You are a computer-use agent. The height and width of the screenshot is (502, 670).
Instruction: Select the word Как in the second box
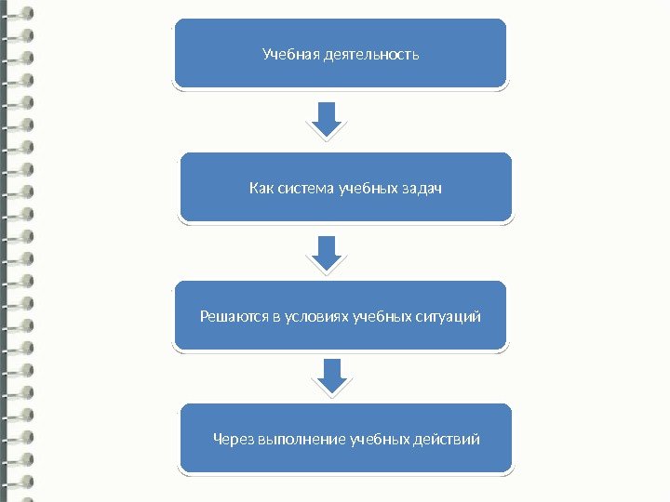(261, 190)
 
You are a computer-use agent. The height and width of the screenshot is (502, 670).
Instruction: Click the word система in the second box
(306, 190)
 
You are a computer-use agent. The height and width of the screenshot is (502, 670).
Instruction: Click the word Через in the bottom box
(233, 438)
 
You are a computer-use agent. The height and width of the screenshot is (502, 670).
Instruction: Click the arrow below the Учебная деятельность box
(327, 119)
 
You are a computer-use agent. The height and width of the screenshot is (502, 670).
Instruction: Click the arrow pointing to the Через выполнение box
(331, 376)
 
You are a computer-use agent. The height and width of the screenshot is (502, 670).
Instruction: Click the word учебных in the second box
(365, 190)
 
